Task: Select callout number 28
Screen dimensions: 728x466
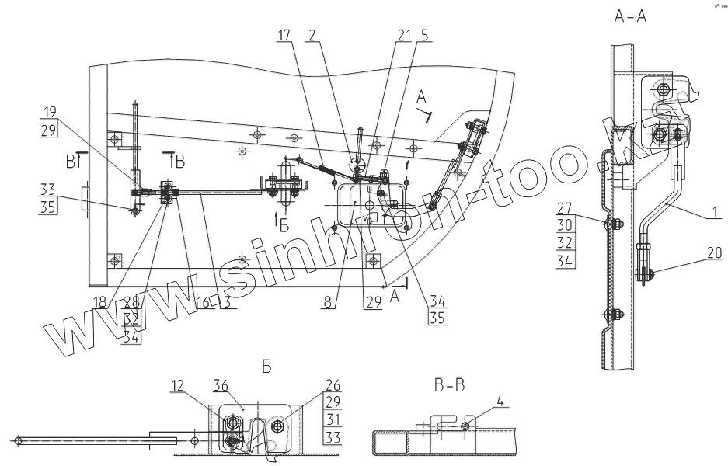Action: click(x=131, y=301)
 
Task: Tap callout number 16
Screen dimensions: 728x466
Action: click(x=204, y=301)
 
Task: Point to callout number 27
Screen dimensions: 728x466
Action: click(x=564, y=207)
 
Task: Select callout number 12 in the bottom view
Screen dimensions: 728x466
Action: click(x=178, y=384)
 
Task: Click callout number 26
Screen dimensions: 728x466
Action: click(x=332, y=383)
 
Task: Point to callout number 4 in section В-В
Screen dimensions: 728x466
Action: click(x=500, y=403)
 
